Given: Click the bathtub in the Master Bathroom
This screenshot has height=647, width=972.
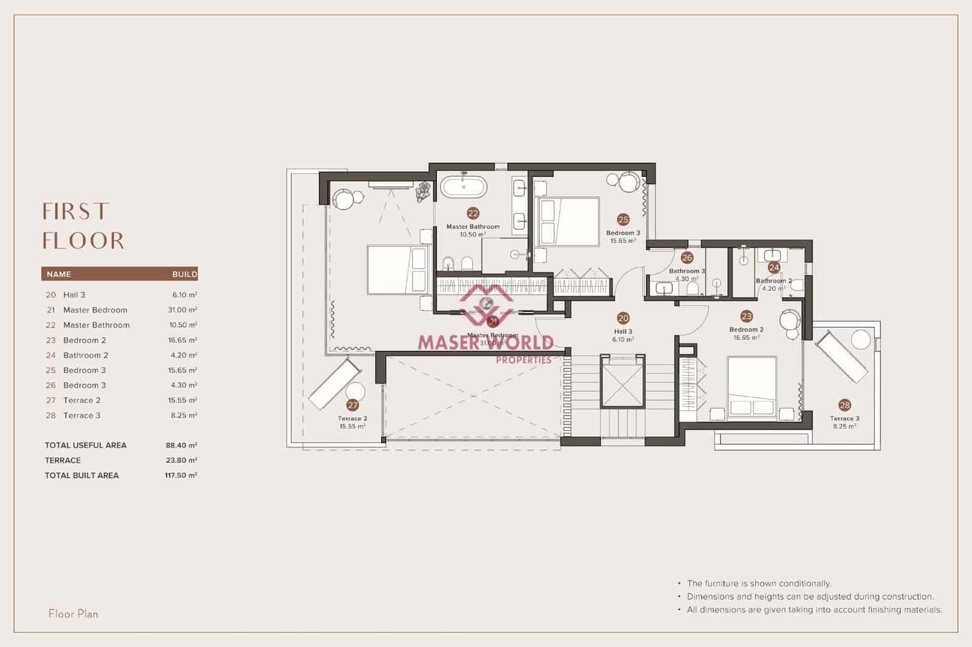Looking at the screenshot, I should [464, 187].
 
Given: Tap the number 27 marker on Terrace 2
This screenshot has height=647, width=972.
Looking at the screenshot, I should [352, 405].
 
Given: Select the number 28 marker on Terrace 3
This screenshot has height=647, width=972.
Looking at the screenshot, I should [844, 405].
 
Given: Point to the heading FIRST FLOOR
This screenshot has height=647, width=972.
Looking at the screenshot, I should [83, 226].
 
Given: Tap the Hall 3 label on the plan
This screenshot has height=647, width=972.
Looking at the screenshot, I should [623, 332].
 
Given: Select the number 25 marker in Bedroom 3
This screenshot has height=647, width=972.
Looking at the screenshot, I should [623, 220].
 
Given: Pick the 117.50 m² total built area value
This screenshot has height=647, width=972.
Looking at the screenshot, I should [181, 476].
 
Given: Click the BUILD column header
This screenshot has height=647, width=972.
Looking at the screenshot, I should [185, 274].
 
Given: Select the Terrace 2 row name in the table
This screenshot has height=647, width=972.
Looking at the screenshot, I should [82, 401].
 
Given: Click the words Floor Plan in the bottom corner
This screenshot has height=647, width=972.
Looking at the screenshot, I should [73, 614].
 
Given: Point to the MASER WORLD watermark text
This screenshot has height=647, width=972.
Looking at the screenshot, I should [485, 343].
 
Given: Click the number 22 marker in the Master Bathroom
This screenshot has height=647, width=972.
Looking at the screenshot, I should [473, 213].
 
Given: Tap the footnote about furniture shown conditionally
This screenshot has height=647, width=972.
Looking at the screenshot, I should [758, 583].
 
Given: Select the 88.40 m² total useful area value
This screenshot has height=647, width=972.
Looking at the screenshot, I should [181, 445].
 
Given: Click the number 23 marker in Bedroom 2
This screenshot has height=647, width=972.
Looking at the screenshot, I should [747, 316].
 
